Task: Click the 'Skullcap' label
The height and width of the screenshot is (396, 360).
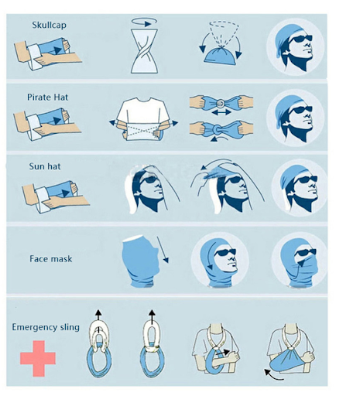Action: [49, 26]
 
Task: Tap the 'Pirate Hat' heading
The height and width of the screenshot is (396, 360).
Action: [48, 97]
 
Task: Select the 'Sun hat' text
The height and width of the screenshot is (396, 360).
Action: [45, 166]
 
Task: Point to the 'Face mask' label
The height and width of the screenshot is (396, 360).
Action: [51, 259]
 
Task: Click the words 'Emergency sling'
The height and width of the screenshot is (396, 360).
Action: [46, 327]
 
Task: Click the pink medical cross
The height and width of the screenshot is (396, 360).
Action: [38, 359]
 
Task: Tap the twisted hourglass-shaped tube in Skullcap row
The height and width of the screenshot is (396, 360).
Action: [144, 51]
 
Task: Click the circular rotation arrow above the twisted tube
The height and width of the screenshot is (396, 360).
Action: [144, 22]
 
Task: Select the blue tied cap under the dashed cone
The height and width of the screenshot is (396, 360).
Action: [220, 55]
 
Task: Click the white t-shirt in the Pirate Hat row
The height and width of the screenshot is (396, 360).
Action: [143, 118]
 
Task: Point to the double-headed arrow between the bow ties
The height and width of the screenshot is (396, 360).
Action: [221, 112]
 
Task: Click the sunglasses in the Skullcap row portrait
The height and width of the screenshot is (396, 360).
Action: [300, 39]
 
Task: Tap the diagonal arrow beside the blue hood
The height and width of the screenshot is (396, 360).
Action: [163, 250]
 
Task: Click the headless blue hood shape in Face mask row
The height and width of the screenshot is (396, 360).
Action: [141, 261]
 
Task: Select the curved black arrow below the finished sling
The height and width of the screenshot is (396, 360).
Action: [273, 375]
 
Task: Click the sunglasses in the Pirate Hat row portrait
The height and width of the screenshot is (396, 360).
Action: [300, 110]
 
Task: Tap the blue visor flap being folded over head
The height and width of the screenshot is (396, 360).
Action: [215, 172]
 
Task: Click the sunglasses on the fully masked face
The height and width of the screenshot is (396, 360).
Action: [306, 252]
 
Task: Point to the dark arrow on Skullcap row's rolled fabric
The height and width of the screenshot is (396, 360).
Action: [58, 50]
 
